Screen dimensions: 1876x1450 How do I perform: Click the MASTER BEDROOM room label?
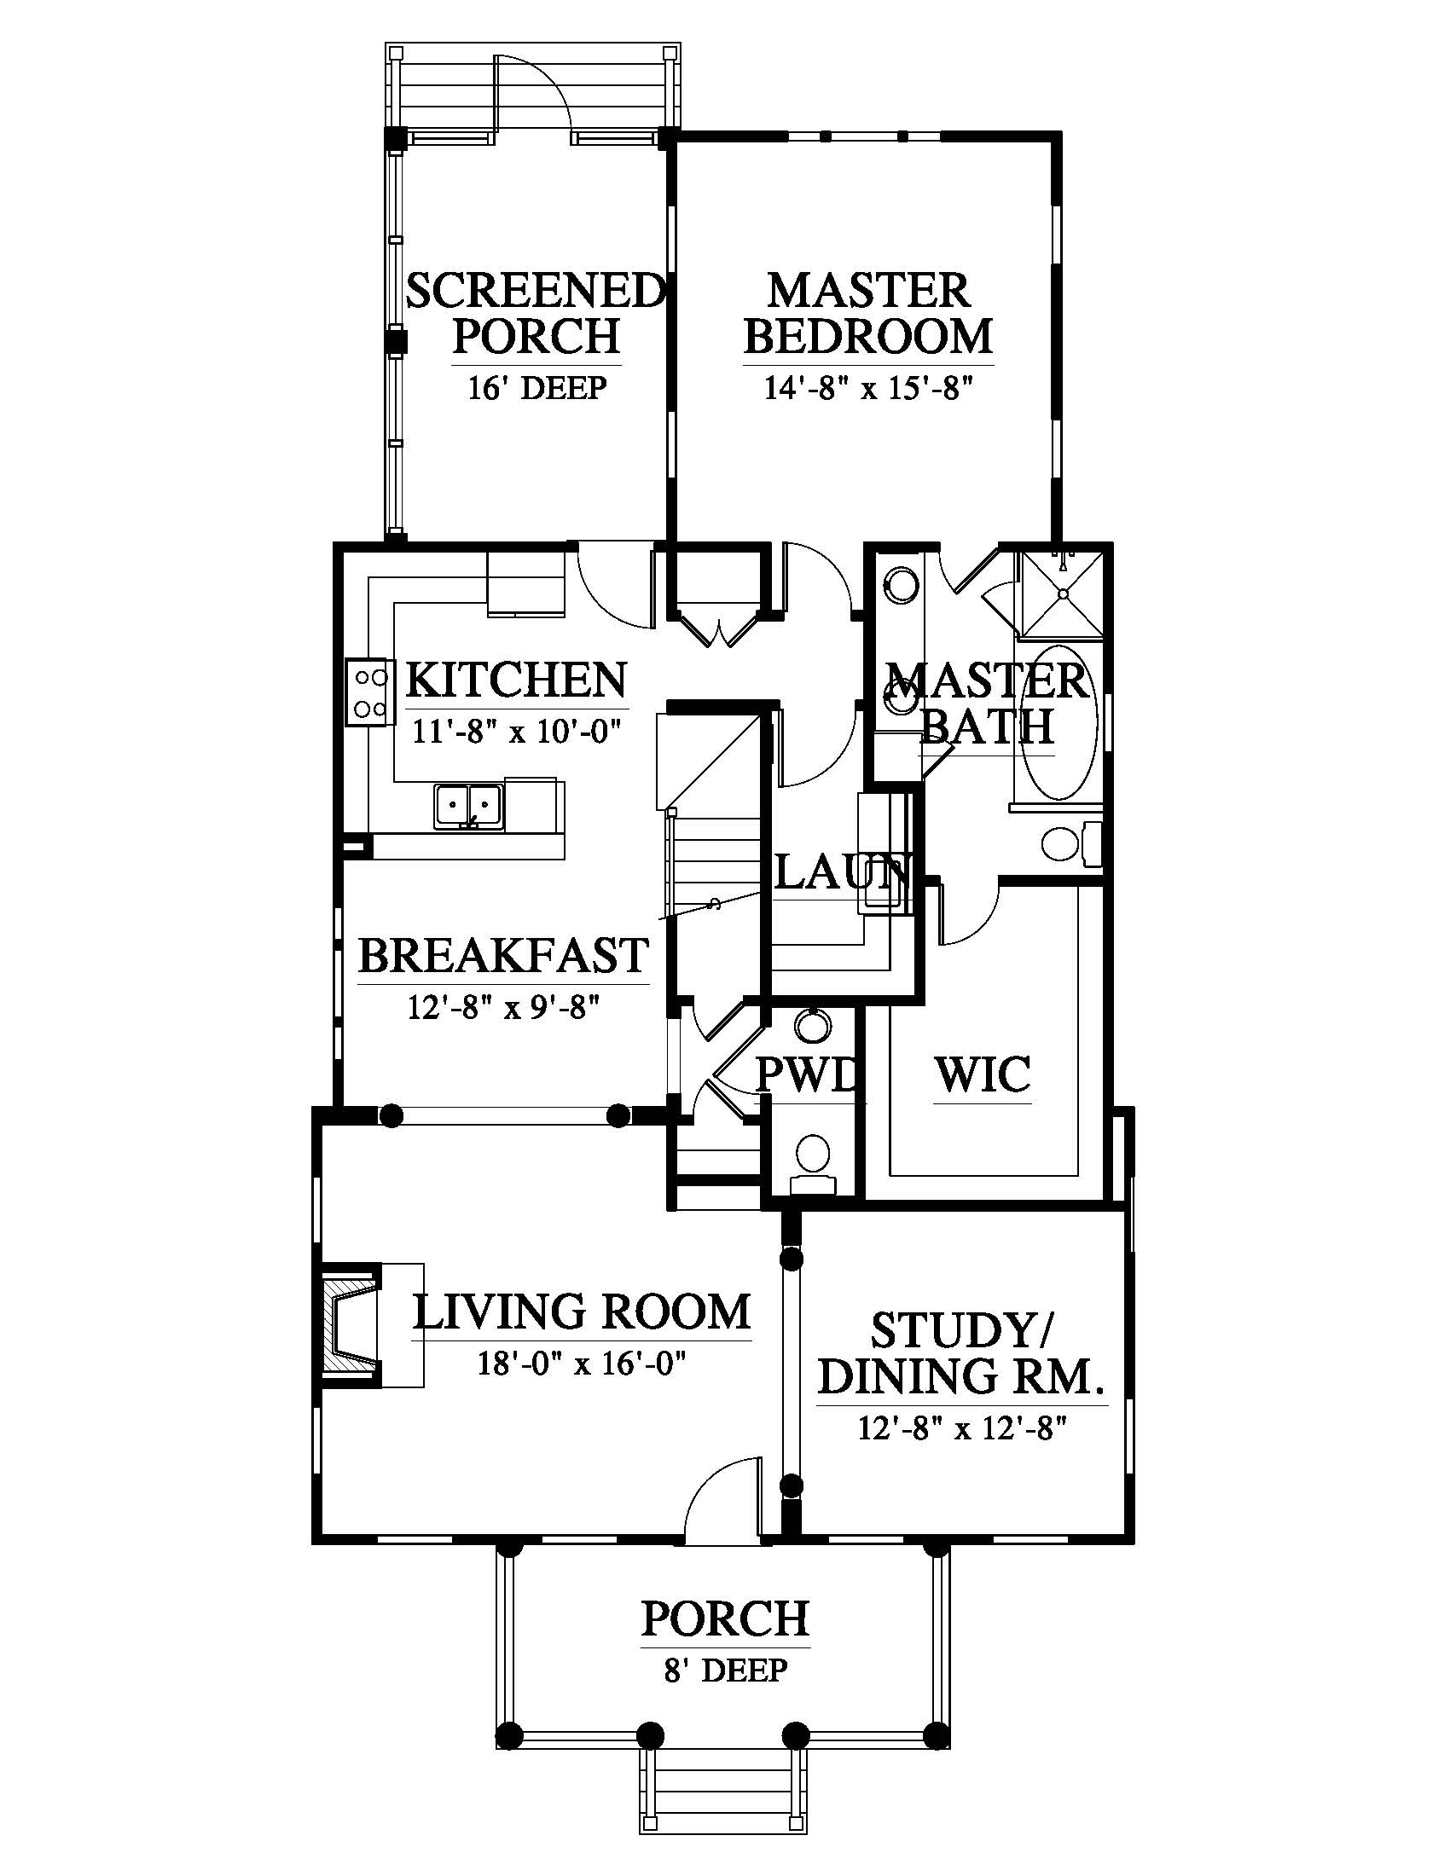coord(867,314)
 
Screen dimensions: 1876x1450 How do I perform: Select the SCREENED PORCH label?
coord(536,314)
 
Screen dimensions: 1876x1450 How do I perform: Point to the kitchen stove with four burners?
coord(368,693)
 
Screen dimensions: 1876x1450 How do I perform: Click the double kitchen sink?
coord(468,807)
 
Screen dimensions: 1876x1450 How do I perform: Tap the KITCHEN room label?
coord(515,680)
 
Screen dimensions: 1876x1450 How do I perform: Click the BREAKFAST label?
coord(503,955)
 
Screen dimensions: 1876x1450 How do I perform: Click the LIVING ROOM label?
coord(583,1311)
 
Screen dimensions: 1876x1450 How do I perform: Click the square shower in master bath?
coord(1061,593)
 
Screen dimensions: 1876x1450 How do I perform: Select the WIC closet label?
coord(983,1074)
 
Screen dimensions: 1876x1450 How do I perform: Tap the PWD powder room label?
coord(806,1074)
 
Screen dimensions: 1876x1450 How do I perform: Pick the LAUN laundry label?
coord(842,872)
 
